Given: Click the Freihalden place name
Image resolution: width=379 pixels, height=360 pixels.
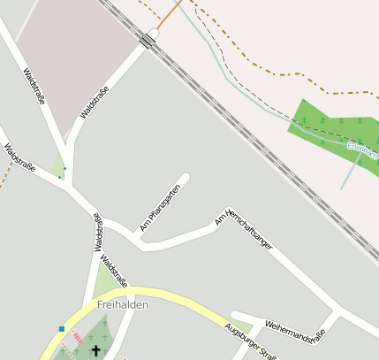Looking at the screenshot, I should (x=122, y=304).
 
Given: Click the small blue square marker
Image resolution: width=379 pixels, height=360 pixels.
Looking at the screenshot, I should (x=62, y=329).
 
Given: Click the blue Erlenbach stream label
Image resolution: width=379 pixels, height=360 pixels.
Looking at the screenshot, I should (x=362, y=151).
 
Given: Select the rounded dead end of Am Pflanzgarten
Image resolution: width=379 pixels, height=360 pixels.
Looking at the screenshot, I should (x=186, y=176).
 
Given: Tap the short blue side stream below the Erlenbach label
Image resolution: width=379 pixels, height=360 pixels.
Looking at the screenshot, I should (x=350, y=172).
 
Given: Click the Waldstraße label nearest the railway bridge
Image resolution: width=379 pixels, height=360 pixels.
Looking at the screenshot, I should (x=95, y=102).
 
